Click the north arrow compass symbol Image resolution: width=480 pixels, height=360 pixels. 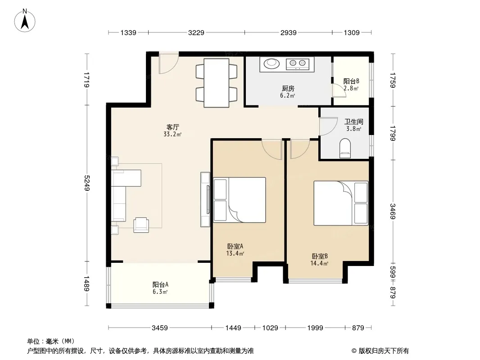click(x=25, y=21)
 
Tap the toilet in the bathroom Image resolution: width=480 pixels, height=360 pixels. click(x=345, y=148)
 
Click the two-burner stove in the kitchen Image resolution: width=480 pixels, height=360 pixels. click(x=298, y=63)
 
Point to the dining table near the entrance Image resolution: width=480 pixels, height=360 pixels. click(x=217, y=83)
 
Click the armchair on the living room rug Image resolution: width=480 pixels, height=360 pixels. click(x=141, y=225)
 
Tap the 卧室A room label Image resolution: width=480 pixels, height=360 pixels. click(x=235, y=246)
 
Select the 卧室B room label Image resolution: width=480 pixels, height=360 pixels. click(x=320, y=256)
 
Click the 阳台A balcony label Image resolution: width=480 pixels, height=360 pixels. click(x=160, y=284)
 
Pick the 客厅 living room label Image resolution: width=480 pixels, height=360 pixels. click(x=172, y=127)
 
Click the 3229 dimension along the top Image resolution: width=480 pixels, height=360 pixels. click(x=196, y=32)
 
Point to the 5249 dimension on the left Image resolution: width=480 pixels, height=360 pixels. click(x=86, y=183)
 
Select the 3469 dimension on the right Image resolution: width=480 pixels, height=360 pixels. click(x=393, y=211)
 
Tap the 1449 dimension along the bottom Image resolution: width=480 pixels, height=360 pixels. click(x=233, y=328)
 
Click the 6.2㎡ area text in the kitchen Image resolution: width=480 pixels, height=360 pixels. click(x=287, y=95)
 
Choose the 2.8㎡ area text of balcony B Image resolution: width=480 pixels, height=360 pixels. click(x=351, y=88)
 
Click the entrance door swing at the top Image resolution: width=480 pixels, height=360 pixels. click(x=168, y=63)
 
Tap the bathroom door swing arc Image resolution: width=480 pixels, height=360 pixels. click(x=325, y=126)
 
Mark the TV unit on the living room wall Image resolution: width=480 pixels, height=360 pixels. click(x=205, y=199)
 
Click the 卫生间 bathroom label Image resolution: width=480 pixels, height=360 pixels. click(x=354, y=121)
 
